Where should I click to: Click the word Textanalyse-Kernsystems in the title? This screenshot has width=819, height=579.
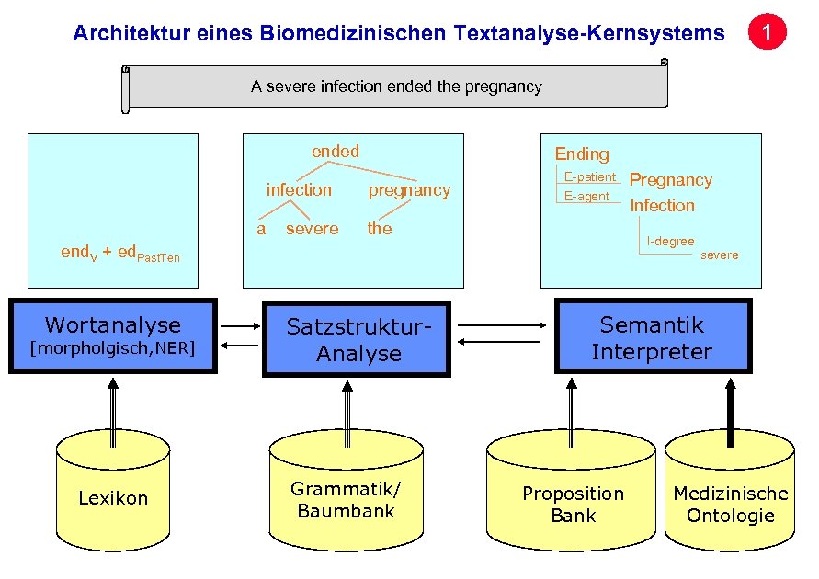click(588, 34)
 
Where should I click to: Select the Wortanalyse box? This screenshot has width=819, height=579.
click(113, 335)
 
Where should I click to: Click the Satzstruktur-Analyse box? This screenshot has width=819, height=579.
click(358, 339)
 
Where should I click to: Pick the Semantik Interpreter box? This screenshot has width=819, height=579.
click(652, 337)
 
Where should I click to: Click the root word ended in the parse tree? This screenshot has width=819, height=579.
click(336, 151)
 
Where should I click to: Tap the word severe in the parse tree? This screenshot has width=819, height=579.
click(312, 228)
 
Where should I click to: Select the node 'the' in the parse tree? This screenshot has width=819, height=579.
click(380, 228)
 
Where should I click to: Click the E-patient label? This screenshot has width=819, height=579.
click(589, 176)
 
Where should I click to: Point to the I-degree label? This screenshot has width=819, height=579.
click(670, 241)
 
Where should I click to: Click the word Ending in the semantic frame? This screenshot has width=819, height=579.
click(581, 153)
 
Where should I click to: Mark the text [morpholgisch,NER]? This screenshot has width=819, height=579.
click(113, 348)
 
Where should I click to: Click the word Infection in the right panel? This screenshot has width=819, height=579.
click(662, 205)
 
